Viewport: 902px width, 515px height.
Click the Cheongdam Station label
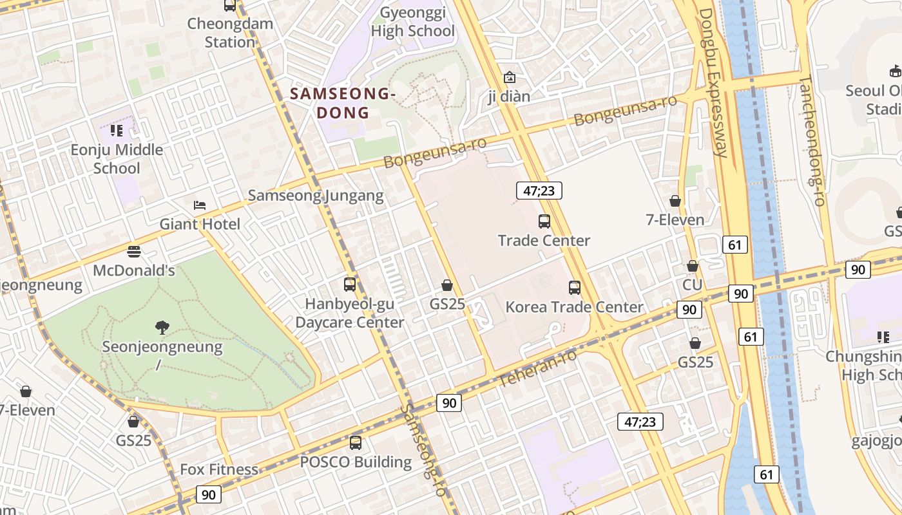[x=230, y=33]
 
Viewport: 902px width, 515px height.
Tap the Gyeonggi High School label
[x=412, y=22]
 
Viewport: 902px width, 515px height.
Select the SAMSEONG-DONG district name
[x=341, y=103]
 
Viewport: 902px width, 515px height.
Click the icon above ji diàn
[x=510, y=77]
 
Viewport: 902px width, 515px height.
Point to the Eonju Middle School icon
[x=117, y=131]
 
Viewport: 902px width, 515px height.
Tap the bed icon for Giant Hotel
[x=200, y=205]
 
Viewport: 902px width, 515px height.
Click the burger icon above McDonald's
[x=134, y=251]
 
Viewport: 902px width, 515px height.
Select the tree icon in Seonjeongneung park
[x=162, y=328]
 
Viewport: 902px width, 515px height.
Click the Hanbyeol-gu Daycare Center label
[x=350, y=313]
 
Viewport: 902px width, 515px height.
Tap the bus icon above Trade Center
[x=544, y=221]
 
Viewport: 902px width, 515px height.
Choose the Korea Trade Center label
[x=574, y=307]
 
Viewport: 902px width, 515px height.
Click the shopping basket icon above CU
[x=693, y=266]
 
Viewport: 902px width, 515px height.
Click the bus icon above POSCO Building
[x=356, y=443]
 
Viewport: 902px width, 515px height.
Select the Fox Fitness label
[x=219, y=469]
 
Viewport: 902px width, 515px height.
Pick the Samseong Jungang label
[x=316, y=195]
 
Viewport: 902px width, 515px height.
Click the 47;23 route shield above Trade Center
[x=539, y=191]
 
